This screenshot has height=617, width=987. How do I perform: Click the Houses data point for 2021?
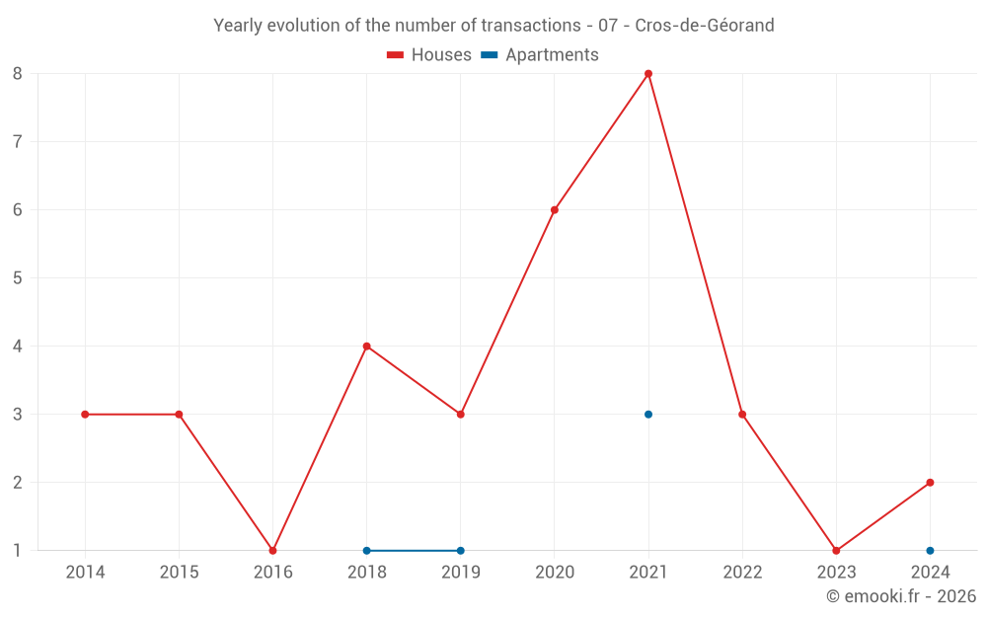[648, 73]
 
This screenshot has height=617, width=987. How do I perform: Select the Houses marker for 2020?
[555, 209]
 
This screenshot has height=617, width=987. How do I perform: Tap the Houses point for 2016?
[272, 550]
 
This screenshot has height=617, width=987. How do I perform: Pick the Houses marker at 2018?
[366, 347]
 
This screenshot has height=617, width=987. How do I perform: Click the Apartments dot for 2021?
[648, 415]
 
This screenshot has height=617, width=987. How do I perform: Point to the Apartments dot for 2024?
[930, 550]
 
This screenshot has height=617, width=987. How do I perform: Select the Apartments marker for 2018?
[366, 550]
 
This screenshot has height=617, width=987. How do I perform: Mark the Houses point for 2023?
[836, 550]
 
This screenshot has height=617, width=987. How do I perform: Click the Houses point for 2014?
[85, 415]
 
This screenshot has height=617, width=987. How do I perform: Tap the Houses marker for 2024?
[930, 483]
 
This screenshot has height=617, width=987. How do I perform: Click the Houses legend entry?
[429, 55]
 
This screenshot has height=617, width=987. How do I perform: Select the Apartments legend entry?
[540, 55]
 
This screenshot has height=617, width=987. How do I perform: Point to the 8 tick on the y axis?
[18, 73]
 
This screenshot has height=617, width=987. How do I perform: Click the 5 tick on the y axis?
[18, 277]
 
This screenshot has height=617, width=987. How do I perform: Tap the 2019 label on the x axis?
[460, 573]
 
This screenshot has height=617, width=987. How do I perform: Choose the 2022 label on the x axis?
[742, 573]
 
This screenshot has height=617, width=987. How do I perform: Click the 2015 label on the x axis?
[179, 573]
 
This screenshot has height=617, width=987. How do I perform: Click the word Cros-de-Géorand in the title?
[705, 25]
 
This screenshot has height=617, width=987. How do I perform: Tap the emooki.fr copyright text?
[901, 596]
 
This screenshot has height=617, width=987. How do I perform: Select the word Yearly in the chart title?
[238, 25]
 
